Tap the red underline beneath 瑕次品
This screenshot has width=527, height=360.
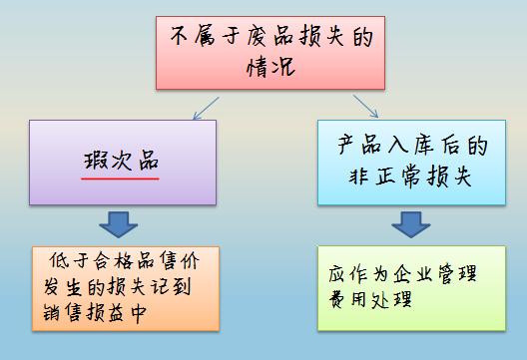[x=121, y=180]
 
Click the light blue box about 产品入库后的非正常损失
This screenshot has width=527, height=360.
[x=406, y=162]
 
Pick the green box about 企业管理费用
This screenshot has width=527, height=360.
[x=404, y=288]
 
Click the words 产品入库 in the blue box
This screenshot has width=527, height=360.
[x=384, y=147]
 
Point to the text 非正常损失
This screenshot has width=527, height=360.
[x=410, y=178]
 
